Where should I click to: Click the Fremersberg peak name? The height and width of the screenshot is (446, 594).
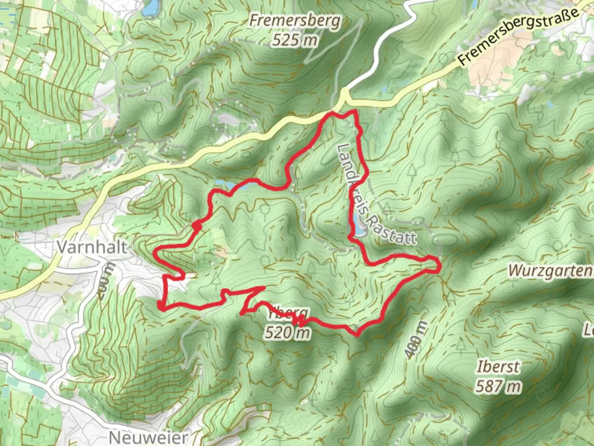click(x=295, y=21)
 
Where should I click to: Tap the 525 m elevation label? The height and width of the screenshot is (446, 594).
click(x=295, y=40)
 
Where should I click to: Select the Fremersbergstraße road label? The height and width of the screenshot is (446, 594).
click(x=519, y=37)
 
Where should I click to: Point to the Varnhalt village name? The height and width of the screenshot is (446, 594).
click(x=92, y=247)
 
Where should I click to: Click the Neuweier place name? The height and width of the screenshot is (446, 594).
click(x=148, y=437)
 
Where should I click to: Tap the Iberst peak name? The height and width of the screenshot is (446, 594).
click(x=498, y=367)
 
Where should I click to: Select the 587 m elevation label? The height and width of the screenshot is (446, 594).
click(x=498, y=387)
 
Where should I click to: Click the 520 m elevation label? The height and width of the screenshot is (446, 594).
click(x=287, y=332)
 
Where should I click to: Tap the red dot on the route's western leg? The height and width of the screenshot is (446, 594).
click(x=197, y=226)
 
